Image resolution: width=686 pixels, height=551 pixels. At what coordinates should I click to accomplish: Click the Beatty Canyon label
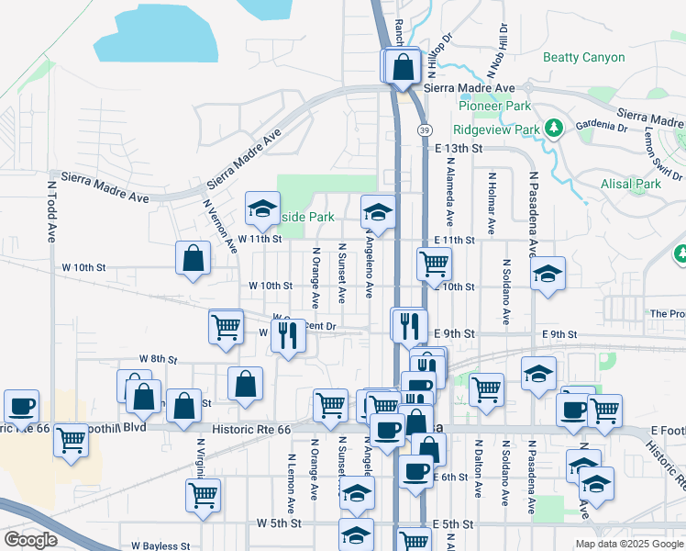coord(584,57)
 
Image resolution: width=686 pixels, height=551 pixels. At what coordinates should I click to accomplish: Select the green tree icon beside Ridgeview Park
coord(553,129)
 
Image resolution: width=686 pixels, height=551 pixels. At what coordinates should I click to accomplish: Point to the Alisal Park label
coord(635,184)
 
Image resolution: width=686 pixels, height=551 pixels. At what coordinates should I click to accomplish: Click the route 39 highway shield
coord(425,131)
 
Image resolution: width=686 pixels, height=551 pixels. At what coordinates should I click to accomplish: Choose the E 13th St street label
coord(459,149)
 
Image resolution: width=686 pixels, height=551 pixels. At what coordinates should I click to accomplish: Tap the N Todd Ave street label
coord(52,210)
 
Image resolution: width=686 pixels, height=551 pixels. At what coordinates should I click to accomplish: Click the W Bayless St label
coord(160,545)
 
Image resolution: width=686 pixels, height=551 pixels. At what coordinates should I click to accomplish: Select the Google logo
coord(30,539)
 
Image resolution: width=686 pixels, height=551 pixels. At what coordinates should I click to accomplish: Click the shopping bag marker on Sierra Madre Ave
coord(402,66)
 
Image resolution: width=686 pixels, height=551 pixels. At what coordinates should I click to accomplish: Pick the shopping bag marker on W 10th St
coord(194,259)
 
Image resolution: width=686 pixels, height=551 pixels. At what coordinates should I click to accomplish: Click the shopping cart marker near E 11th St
coord(433,264)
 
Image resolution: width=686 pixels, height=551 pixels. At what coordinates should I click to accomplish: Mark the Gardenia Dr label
coord(601,126)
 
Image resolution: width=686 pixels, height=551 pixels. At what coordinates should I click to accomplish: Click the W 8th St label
coord(157,358)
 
